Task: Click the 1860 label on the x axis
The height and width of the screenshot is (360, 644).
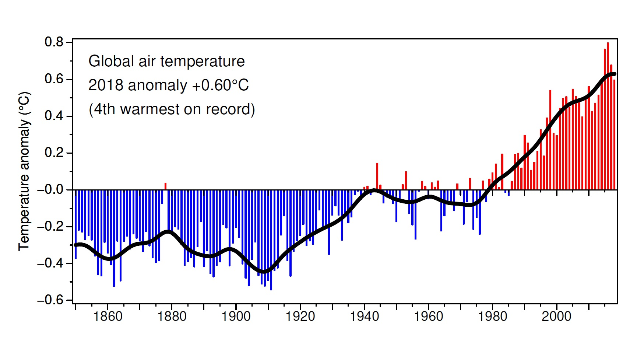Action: tap(108, 316)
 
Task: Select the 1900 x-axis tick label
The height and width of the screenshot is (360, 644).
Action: tap(236, 316)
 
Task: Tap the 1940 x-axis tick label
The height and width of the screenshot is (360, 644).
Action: tap(364, 316)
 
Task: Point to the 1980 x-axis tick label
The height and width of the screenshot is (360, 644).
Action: tap(492, 316)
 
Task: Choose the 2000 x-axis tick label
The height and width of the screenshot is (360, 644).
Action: tap(556, 316)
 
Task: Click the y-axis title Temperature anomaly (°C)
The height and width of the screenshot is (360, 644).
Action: tap(24, 171)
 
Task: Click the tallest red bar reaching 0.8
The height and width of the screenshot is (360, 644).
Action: tap(608, 116)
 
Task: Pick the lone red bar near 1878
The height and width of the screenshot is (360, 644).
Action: tap(165, 186)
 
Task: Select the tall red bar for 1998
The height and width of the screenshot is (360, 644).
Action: tap(550, 140)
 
